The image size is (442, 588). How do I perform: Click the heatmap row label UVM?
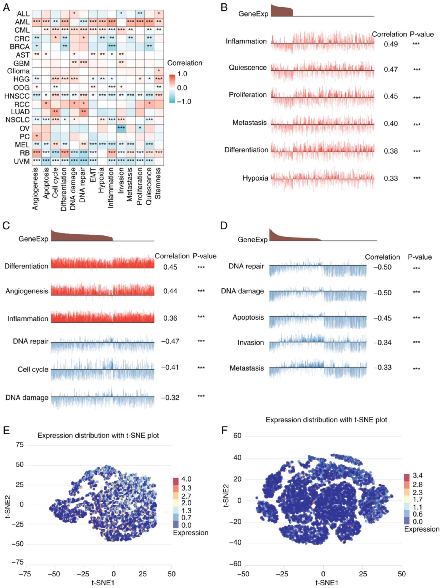[22, 161]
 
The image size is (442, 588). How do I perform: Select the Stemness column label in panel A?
[158, 183]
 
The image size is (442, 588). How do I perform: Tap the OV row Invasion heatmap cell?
[121, 128]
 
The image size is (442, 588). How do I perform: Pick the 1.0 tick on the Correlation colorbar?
[182, 74]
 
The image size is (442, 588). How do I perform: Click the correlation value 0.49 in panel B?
[391, 44]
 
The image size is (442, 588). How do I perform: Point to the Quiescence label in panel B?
[248, 68]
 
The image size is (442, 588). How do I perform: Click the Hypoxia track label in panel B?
[255, 178]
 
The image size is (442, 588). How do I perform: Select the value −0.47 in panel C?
[170, 341]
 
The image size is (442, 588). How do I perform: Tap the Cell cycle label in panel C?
[33, 369]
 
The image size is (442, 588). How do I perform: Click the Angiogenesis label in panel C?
[27, 291]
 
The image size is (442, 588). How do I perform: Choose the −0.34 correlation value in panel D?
[382, 342]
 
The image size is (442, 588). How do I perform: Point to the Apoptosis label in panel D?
[248, 317]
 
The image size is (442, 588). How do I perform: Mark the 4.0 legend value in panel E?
[186, 479]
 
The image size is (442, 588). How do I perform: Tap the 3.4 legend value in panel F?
[417, 475]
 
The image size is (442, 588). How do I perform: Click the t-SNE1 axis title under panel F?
[326, 583]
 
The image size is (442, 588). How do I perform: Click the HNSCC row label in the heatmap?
[17, 96]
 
